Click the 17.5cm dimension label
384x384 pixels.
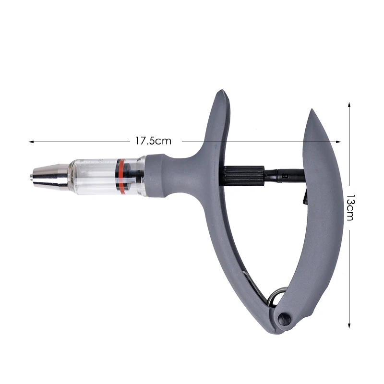coord(153,141)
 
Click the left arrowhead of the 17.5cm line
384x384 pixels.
coord(31,142)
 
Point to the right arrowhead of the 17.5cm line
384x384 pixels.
coord(338,142)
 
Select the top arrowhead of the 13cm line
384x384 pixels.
coord(349,105)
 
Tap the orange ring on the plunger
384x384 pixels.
coord(120,176)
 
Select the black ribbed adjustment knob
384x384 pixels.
coord(244,175)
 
